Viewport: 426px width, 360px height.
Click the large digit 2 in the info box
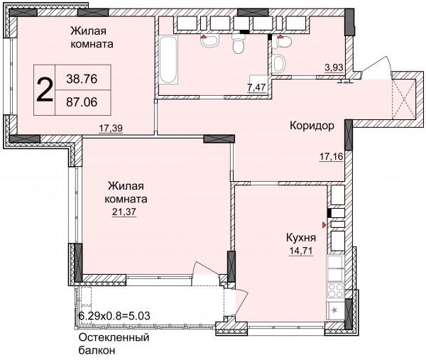pos(44,89)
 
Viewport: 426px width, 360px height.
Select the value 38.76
pos(82,79)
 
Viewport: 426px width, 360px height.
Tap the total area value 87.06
pos(82,102)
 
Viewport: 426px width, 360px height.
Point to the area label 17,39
pos(111,128)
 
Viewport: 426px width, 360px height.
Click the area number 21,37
pos(124,212)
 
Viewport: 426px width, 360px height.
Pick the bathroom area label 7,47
pos(256,87)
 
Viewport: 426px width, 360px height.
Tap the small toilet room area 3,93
pos(334,67)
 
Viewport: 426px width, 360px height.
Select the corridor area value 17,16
pos(332,157)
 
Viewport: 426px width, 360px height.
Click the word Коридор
pos(312,126)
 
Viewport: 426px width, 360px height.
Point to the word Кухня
pos(301,238)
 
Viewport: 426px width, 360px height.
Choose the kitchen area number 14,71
pos(301,251)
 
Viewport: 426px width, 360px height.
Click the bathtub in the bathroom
pos(168,60)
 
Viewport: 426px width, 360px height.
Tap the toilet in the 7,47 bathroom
pos(239,44)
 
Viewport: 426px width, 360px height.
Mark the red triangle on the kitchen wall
pos(324,224)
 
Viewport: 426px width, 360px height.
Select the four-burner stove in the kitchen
pos(336,290)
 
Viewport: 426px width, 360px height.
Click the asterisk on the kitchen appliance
pos(334,310)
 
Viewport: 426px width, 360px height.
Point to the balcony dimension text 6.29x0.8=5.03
pos(114,316)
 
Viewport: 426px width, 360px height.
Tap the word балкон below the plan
pos(97,350)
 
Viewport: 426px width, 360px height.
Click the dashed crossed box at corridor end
pos(404,99)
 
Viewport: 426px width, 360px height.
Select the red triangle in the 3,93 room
pos(280,36)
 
